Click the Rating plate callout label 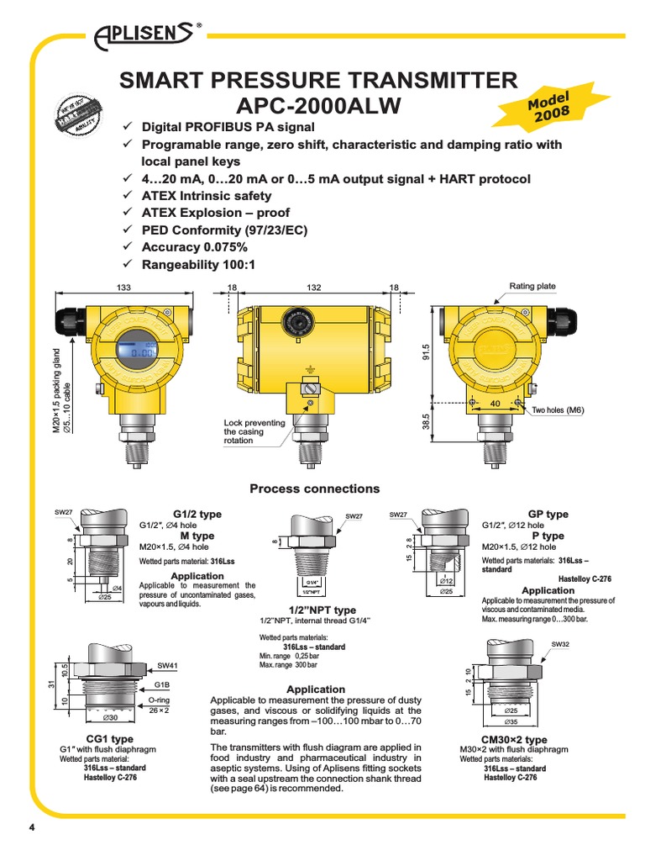point(532,286)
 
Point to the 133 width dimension point(124,288)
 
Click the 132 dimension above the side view point(314,288)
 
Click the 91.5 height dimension point(425,351)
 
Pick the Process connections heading point(314,489)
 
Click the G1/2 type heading point(197,513)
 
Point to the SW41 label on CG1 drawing point(169,665)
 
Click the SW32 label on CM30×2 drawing point(559,644)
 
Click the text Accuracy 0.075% point(193,247)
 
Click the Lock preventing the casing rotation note point(254,431)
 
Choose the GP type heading point(548,514)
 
